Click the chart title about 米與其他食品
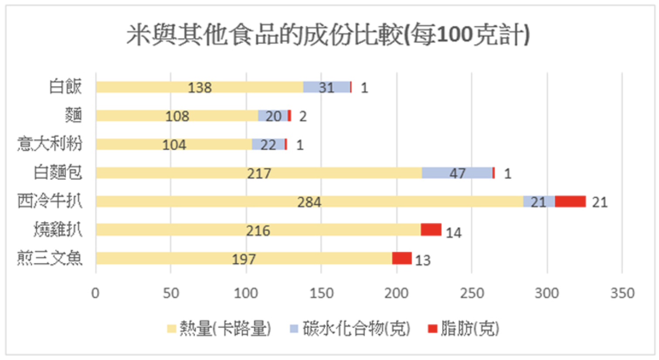click(328, 35)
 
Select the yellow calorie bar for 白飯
click(199, 87)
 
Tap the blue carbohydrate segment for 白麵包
click(457, 173)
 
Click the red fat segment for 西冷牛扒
click(570, 202)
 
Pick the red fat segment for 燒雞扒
click(431, 230)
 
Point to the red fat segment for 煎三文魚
click(401, 258)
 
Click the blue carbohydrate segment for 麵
click(273, 116)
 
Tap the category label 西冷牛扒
click(50, 201)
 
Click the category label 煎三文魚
click(50, 258)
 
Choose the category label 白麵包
click(58, 173)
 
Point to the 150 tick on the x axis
click(321, 293)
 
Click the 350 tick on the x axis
click(622, 293)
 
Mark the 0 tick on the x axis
click(95, 293)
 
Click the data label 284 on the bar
click(309, 202)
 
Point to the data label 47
click(457, 173)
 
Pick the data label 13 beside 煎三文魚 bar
click(422, 261)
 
